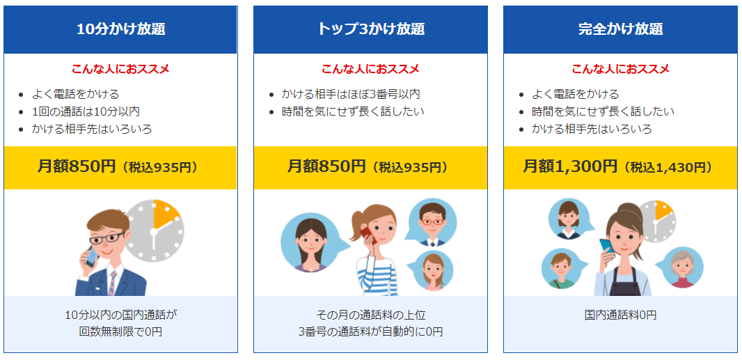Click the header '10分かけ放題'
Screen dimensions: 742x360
[x=120, y=29]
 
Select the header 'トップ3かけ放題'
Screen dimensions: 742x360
[x=370, y=29]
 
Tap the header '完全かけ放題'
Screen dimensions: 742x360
[x=620, y=29]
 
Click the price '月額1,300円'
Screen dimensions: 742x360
[x=570, y=166]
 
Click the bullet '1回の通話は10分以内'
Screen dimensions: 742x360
[x=86, y=111]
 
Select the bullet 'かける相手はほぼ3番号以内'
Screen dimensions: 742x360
[x=351, y=94]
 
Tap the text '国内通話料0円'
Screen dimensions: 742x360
[x=620, y=315]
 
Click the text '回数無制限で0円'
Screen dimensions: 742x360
[x=120, y=332]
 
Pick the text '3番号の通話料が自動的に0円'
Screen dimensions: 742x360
[x=370, y=332]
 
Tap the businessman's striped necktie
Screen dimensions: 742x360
[x=112, y=283]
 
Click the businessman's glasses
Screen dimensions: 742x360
[x=108, y=237]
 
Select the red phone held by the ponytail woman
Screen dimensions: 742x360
[x=368, y=235]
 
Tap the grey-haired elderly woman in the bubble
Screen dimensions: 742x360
[x=682, y=267]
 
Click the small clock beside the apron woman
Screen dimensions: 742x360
[x=657, y=220]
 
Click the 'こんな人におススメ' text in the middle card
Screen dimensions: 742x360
[x=370, y=69]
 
